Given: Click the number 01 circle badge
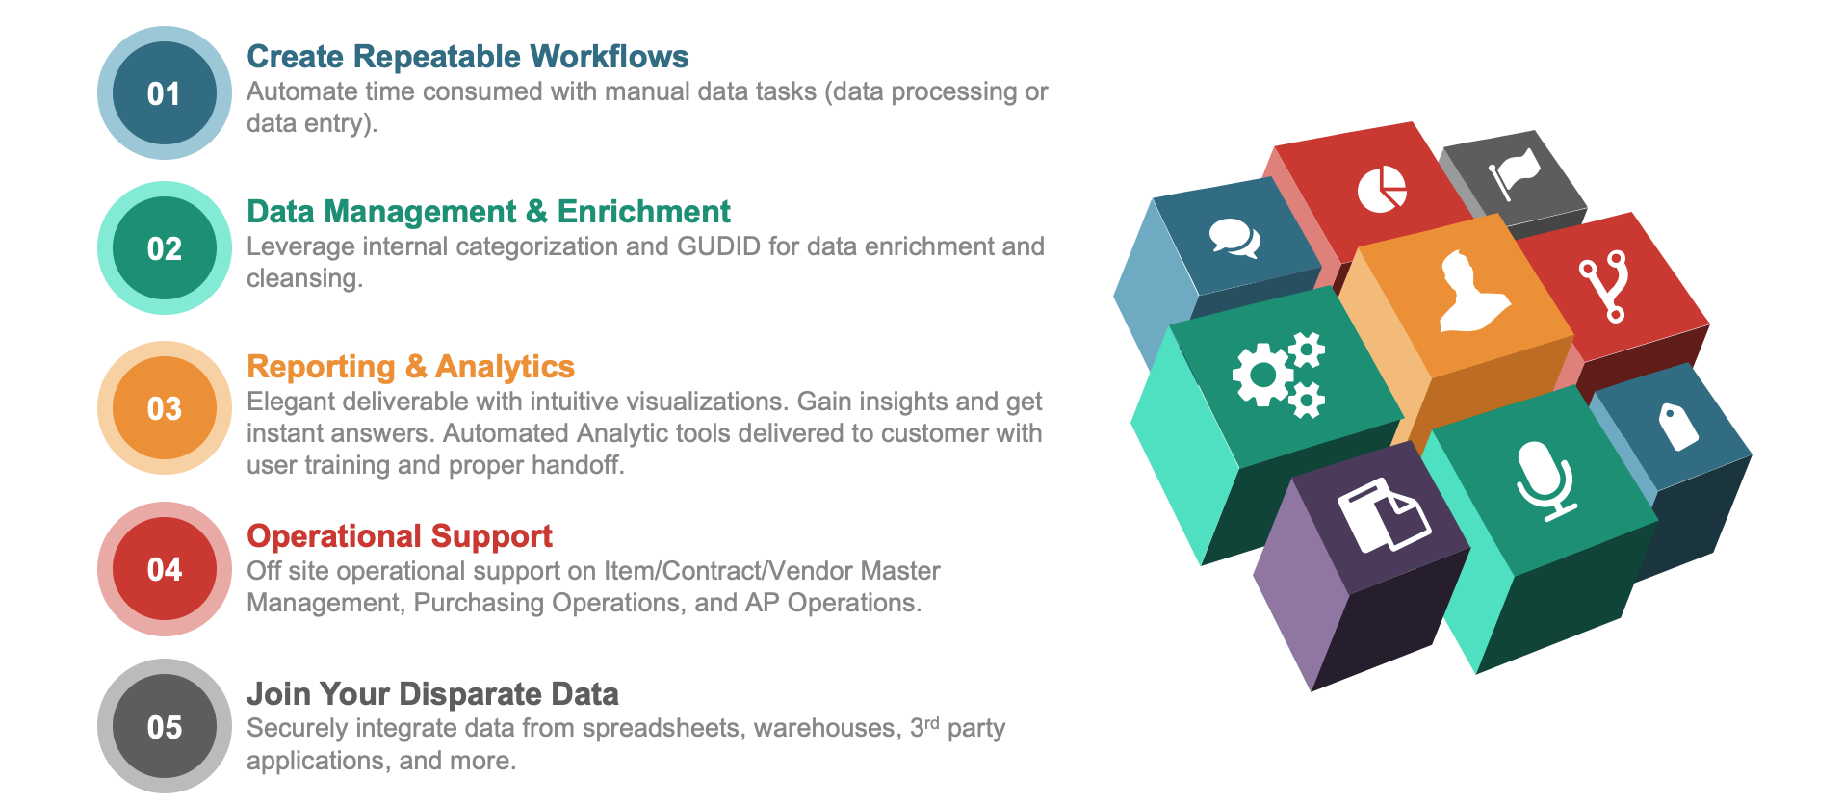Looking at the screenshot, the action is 165,92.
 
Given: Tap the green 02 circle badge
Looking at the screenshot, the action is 165,247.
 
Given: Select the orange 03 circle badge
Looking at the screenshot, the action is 165,407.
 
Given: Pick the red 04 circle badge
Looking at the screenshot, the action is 165,568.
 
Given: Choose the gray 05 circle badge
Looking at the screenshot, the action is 165,726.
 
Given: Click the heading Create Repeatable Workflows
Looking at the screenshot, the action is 468,57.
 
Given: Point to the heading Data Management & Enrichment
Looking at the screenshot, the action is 489,212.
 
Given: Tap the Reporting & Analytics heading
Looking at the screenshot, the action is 411,367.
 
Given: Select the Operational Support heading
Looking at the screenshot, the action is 400,535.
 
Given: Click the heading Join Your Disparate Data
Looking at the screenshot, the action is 433,693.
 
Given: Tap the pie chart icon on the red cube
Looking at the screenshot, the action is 1382,189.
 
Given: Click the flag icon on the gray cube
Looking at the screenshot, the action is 1514,173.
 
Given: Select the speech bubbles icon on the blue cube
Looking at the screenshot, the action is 1234,238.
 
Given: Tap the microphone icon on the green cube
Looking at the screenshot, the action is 1545,480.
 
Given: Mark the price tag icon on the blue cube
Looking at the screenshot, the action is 1677,426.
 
